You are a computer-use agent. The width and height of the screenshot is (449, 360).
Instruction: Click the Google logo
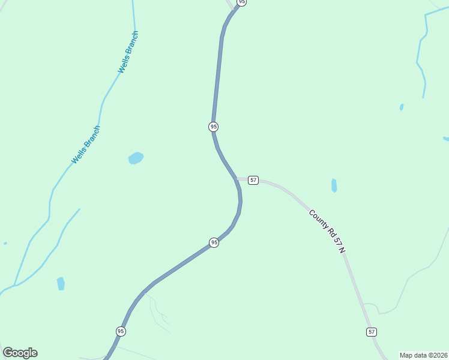click(20, 353)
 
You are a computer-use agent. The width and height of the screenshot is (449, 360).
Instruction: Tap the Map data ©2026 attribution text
click(423, 355)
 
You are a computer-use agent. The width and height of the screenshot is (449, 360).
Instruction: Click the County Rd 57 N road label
click(327, 231)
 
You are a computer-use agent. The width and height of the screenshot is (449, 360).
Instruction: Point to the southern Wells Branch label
click(86, 145)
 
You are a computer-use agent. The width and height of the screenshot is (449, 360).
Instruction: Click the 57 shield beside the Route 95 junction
click(253, 180)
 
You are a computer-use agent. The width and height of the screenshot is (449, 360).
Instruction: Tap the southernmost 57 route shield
click(372, 332)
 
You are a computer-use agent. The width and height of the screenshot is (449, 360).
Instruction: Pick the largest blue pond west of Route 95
click(136, 158)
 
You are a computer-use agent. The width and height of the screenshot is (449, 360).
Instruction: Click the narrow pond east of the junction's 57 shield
click(334, 185)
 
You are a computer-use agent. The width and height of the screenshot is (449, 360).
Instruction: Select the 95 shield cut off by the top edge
click(241, 2)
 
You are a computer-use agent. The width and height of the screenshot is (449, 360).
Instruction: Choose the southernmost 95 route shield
click(121, 331)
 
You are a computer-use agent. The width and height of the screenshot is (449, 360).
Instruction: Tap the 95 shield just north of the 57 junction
click(213, 127)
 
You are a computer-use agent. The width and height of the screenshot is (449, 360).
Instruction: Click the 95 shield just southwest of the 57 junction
click(214, 242)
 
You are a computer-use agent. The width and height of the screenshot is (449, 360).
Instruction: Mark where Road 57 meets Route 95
click(238, 179)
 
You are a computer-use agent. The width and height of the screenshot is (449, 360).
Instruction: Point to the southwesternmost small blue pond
click(61, 283)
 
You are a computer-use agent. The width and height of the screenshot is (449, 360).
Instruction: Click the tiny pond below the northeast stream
click(402, 107)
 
